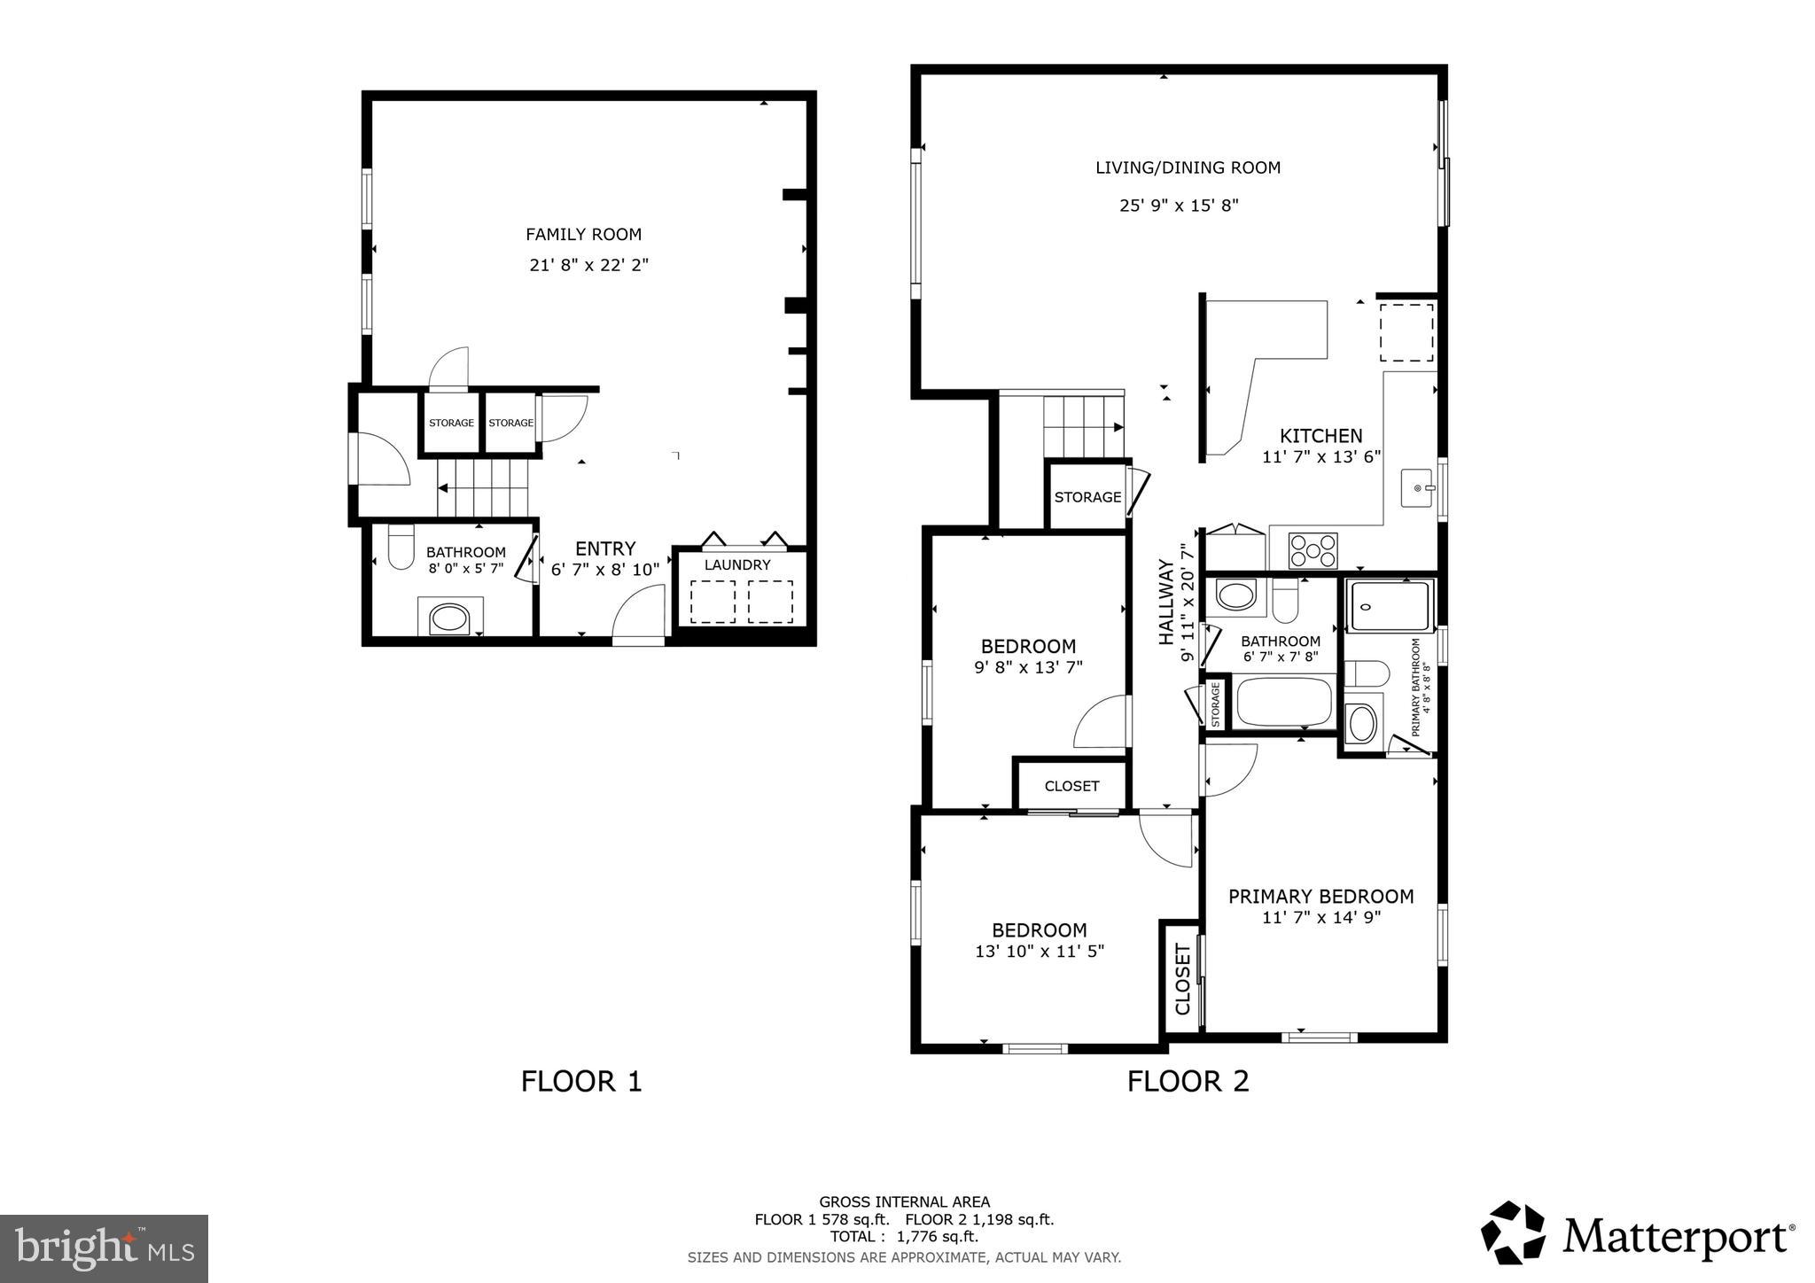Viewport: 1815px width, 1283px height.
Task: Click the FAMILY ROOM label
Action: pos(583,235)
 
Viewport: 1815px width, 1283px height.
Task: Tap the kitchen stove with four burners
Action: pos(1312,550)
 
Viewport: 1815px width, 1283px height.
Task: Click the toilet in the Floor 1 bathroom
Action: pos(401,547)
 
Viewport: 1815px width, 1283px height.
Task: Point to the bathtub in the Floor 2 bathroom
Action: pos(1284,702)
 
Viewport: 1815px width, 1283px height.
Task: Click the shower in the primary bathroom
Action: pos(1390,606)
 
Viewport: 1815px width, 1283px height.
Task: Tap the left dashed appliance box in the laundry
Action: pos(713,602)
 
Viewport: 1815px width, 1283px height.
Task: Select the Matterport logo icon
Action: pos(1513,1232)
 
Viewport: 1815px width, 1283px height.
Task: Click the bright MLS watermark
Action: pos(104,1248)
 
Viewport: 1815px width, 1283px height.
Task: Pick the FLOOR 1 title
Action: pos(580,1081)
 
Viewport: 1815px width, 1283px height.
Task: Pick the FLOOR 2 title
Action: pos(1188,1081)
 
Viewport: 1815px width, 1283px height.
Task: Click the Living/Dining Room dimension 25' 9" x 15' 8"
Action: pos(1179,206)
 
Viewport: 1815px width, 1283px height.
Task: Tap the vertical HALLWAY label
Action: pos(1166,602)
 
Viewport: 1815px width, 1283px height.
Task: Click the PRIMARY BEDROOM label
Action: pos(1320,897)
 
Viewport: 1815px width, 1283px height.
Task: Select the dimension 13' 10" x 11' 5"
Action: pos(1039,952)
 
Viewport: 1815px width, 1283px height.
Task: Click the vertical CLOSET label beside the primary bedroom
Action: pos(1182,979)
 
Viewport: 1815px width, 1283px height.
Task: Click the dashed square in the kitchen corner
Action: pos(1406,331)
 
